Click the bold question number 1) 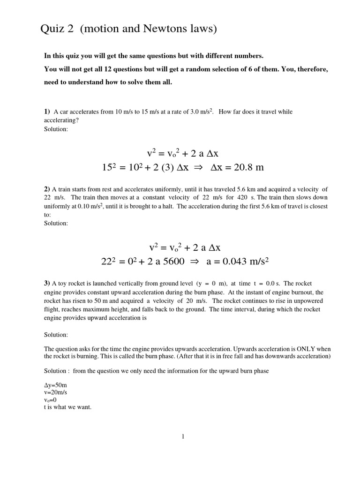pos(47,112)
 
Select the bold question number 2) pos(47,188)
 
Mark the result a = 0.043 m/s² pos(237,262)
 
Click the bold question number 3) pos(47,283)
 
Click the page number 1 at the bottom pos(183,437)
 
